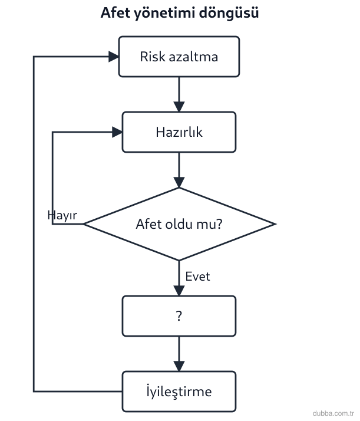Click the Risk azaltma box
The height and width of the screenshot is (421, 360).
(179, 57)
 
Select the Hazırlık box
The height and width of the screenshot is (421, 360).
(179, 132)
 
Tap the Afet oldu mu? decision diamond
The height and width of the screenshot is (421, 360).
(179, 224)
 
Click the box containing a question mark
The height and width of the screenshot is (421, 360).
(179, 316)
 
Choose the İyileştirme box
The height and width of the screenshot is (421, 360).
(179, 392)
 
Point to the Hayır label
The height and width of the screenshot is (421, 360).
(62, 215)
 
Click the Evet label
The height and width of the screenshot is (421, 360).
(198, 277)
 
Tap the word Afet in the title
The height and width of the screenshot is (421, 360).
(115, 12)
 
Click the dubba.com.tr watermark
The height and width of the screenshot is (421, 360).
(333, 413)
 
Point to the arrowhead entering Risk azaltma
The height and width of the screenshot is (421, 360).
(114, 57)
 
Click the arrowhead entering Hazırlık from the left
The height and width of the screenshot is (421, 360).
(117, 132)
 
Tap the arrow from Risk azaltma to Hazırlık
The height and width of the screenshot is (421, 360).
(179, 94)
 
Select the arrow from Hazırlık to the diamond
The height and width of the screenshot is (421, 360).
(179, 170)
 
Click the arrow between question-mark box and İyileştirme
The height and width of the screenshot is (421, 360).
(179, 354)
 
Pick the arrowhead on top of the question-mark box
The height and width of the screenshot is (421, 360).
(179, 291)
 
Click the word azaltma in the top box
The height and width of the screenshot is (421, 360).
(193, 57)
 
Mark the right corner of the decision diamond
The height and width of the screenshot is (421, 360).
(276, 224)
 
